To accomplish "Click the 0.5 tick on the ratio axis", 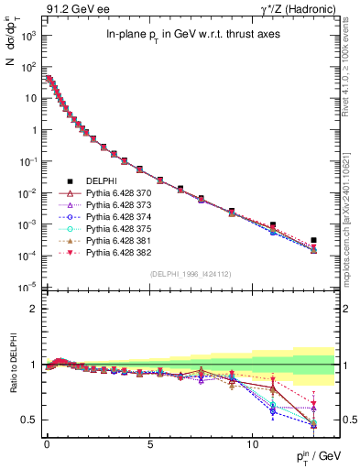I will [x=30, y=420].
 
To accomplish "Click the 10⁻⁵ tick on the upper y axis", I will [x=27, y=287].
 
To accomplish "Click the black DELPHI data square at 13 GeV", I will [x=313, y=240].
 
